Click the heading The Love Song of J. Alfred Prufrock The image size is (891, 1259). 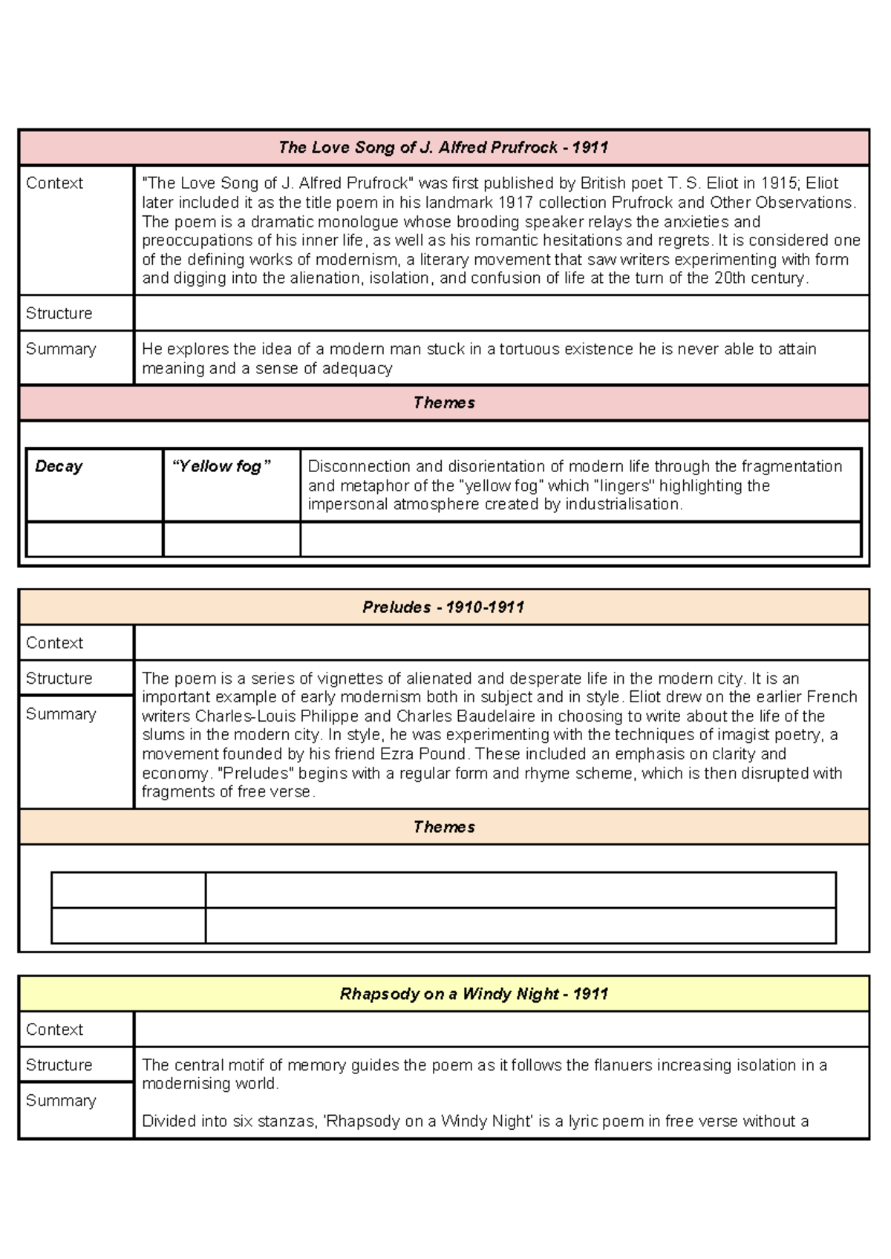pos(443,148)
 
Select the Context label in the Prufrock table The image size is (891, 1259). pos(54,183)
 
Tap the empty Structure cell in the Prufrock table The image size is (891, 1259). pos(501,313)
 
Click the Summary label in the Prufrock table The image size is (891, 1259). pos(61,349)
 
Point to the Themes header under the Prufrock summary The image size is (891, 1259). pos(444,403)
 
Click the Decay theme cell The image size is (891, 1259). pos(59,467)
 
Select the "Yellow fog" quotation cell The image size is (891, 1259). pos(221,467)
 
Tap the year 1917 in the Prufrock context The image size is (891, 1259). pos(515,203)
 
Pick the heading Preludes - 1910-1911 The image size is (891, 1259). pos(443,607)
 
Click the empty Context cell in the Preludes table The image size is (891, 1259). pos(501,643)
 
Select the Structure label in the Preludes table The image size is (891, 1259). pos(59,678)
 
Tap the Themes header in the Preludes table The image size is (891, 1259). pos(444,827)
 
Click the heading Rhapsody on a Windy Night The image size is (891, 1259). pos(474,994)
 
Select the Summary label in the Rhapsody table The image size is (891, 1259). pos(61,1101)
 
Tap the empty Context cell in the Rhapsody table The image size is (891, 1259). pos(501,1030)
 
